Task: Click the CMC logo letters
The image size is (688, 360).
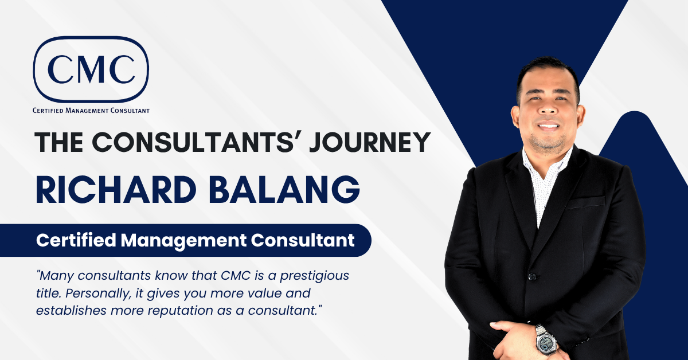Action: (92, 69)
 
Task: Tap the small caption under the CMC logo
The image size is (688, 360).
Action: (92, 110)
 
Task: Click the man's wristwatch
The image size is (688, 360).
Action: (545, 339)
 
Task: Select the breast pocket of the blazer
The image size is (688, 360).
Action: (585, 202)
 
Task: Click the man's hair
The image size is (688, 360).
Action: (548, 72)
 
